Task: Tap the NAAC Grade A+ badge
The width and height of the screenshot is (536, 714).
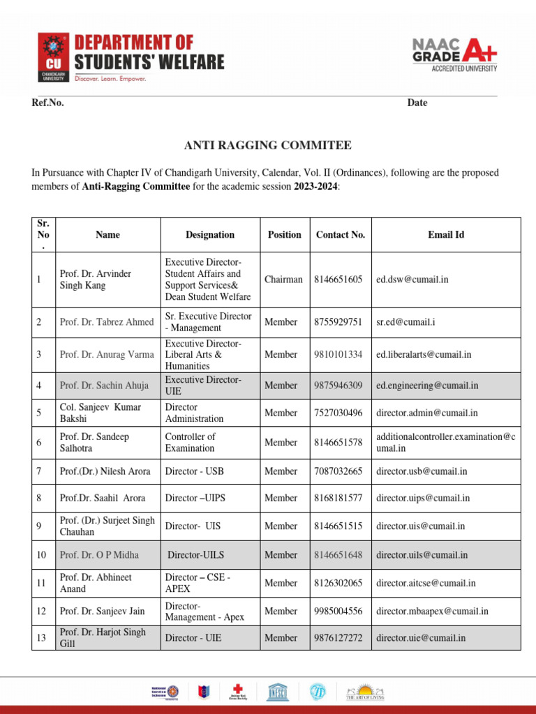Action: click(x=454, y=53)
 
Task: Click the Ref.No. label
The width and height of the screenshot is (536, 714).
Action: click(x=48, y=102)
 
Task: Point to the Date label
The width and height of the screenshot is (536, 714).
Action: click(x=417, y=102)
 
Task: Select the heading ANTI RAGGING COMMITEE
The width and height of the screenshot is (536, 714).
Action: click(x=267, y=146)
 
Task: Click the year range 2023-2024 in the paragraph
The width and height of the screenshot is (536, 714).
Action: click(x=315, y=186)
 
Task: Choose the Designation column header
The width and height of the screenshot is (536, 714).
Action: click(x=210, y=235)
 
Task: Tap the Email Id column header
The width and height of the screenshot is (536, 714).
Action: click(x=446, y=235)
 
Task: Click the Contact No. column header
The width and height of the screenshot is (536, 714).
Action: click(x=341, y=235)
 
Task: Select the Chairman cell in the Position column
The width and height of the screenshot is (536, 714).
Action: click(x=283, y=280)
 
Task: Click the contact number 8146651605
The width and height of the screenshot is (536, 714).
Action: click(x=338, y=280)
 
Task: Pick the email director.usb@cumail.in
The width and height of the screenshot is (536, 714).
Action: click(x=422, y=471)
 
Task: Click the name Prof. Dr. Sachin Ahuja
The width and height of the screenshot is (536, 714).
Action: click(x=107, y=385)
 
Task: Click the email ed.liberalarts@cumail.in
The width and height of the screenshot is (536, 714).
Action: click(x=424, y=354)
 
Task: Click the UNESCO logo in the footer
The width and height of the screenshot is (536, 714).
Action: click(x=278, y=692)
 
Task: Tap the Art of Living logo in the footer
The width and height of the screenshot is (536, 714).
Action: click(x=365, y=692)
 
